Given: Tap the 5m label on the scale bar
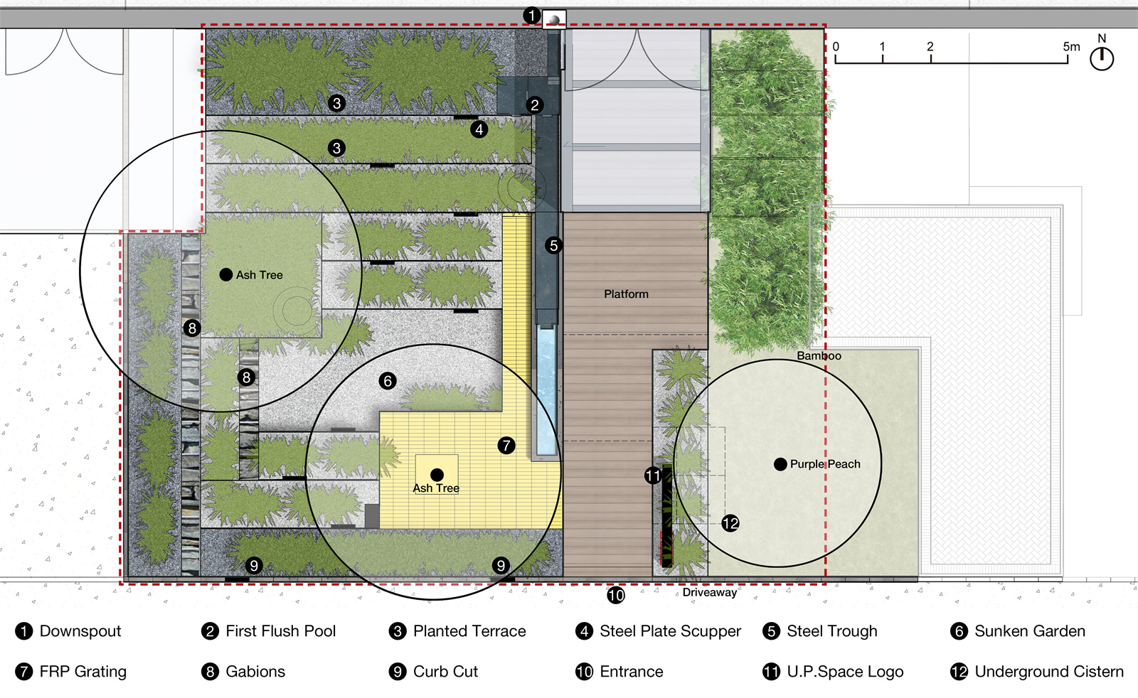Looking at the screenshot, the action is [x=1071, y=47].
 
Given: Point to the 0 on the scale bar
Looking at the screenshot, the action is [x=836, y=47].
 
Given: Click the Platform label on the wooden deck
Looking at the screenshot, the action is [x=626, y=294].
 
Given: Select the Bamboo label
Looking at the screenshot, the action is [x=819, y=356].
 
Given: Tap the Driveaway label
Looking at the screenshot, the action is [x=709, y=592].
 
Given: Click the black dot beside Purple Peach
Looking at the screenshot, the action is [x=780, y=464].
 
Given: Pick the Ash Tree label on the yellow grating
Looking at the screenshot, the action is [x=436, y=488].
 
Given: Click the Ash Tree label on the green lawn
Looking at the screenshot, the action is [x=259, y=275].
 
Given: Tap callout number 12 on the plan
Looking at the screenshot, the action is [x=730, y=523].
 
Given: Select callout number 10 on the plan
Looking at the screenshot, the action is [x=616, y=595].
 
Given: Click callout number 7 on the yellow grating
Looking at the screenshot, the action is [x=506, y=446].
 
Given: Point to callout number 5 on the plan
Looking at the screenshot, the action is [x=554, y=246].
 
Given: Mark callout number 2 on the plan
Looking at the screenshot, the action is [x=534, y=105].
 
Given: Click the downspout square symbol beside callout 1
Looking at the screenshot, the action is [x=554, y=20].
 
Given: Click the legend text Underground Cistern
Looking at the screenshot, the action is [x=1049, y=672].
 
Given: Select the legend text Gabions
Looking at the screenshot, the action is [x=255, y=672].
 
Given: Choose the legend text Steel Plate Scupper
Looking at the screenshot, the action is [x=670, y=631].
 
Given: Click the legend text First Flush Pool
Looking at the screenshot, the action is [x=280, y=631].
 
